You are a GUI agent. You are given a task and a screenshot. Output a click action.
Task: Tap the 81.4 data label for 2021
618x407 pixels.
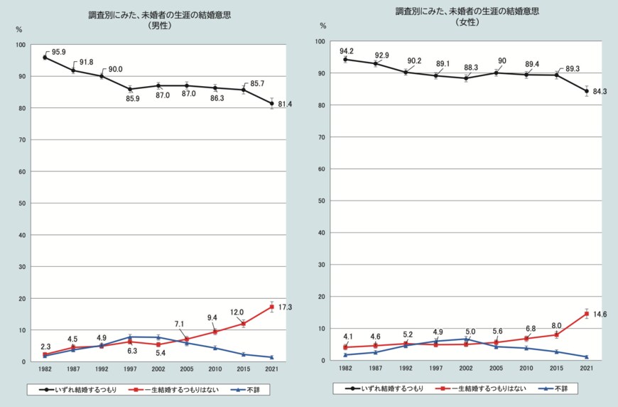coord(286,105)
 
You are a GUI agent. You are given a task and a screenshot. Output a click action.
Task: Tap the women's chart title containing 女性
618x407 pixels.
coord(467,17)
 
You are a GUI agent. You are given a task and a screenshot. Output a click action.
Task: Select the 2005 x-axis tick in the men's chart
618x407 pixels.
coord(187,370)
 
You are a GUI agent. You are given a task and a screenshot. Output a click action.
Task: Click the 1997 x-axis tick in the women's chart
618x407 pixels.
coord(436,369)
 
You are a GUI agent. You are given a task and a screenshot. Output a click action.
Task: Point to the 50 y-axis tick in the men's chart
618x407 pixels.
coord(23,203)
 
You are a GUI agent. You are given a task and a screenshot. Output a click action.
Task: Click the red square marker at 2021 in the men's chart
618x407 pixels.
coord(272,307)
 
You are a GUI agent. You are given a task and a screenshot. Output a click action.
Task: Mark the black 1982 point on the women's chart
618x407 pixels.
coord(345,60)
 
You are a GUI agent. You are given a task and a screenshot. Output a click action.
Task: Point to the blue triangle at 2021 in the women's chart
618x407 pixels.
coord(587,356)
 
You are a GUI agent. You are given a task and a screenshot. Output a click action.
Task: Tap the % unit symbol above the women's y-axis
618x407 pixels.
coord(323,26)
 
